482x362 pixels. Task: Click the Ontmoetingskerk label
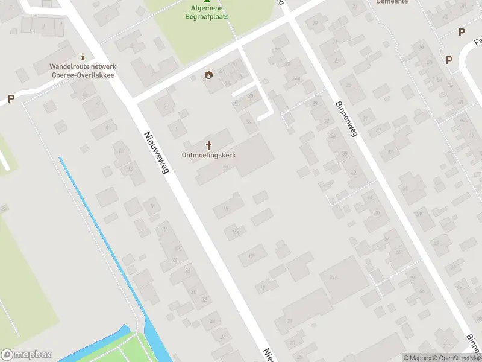208,155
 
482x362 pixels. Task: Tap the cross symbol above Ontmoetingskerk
209,145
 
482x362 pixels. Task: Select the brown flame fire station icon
208,75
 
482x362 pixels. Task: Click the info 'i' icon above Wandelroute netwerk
83,57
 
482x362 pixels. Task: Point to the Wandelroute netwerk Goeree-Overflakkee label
83,71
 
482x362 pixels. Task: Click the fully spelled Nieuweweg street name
156,154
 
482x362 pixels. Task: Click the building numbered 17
251,256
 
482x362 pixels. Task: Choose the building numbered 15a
235,232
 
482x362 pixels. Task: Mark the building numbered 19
262,287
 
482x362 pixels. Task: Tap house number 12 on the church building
224,169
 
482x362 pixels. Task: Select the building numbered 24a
296,78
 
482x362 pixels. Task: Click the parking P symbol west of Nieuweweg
11,98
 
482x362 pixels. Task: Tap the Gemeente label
392,2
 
